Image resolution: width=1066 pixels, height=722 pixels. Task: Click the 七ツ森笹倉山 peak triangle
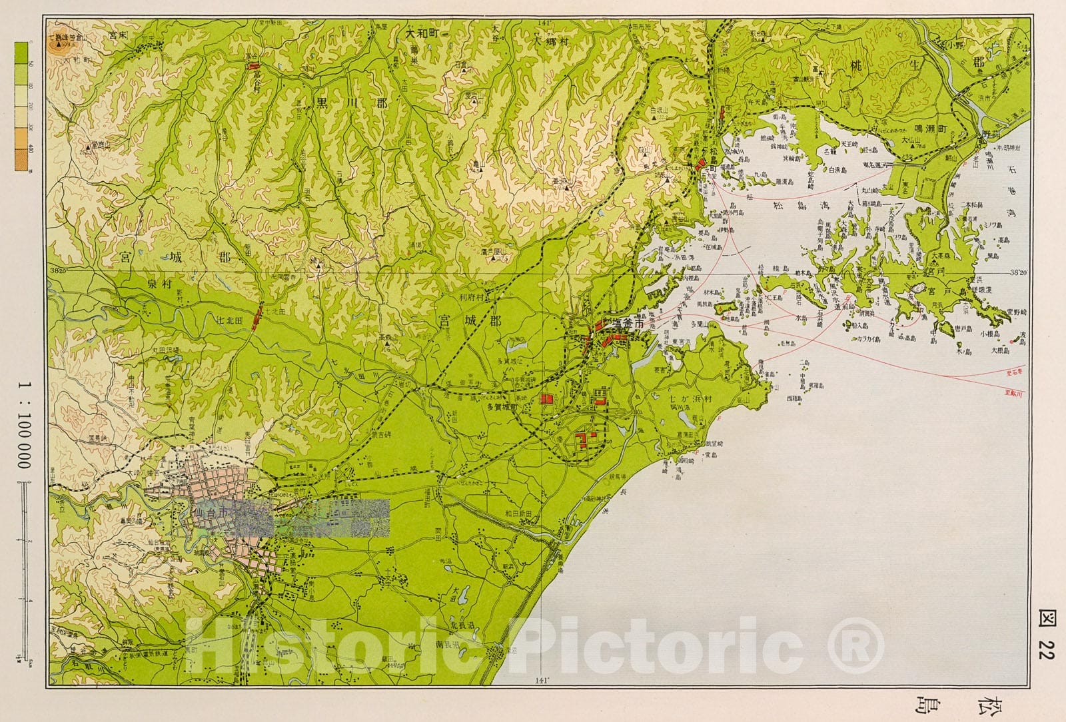tap(62, 47)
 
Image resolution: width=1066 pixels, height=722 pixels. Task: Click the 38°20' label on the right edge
tap(1020, 272)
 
